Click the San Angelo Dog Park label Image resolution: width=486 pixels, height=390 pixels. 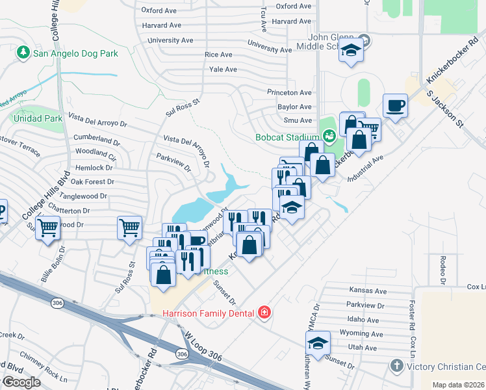[x=76, y=53]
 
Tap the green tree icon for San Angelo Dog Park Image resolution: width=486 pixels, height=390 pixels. [x=24, y=52]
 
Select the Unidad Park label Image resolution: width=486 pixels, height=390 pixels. [x=36, y=118]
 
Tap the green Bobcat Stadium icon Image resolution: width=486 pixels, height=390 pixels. [x=329, y=136]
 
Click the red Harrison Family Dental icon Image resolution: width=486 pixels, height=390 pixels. [x=264, y=313]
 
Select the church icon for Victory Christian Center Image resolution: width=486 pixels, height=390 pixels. [x=397, y=365]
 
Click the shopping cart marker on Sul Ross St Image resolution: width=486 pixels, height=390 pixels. [x=129, y=227]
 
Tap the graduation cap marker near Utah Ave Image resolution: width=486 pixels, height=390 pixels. [x=318, y=343]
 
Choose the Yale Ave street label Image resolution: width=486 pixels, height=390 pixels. [x=223, y=69]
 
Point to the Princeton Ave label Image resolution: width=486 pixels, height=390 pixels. [x=290, y=92]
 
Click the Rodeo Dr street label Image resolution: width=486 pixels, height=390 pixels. [x=442, y=270]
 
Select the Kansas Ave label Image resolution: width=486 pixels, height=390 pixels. [x=368, y=291]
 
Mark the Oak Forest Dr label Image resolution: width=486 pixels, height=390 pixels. [x=92, y=182]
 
